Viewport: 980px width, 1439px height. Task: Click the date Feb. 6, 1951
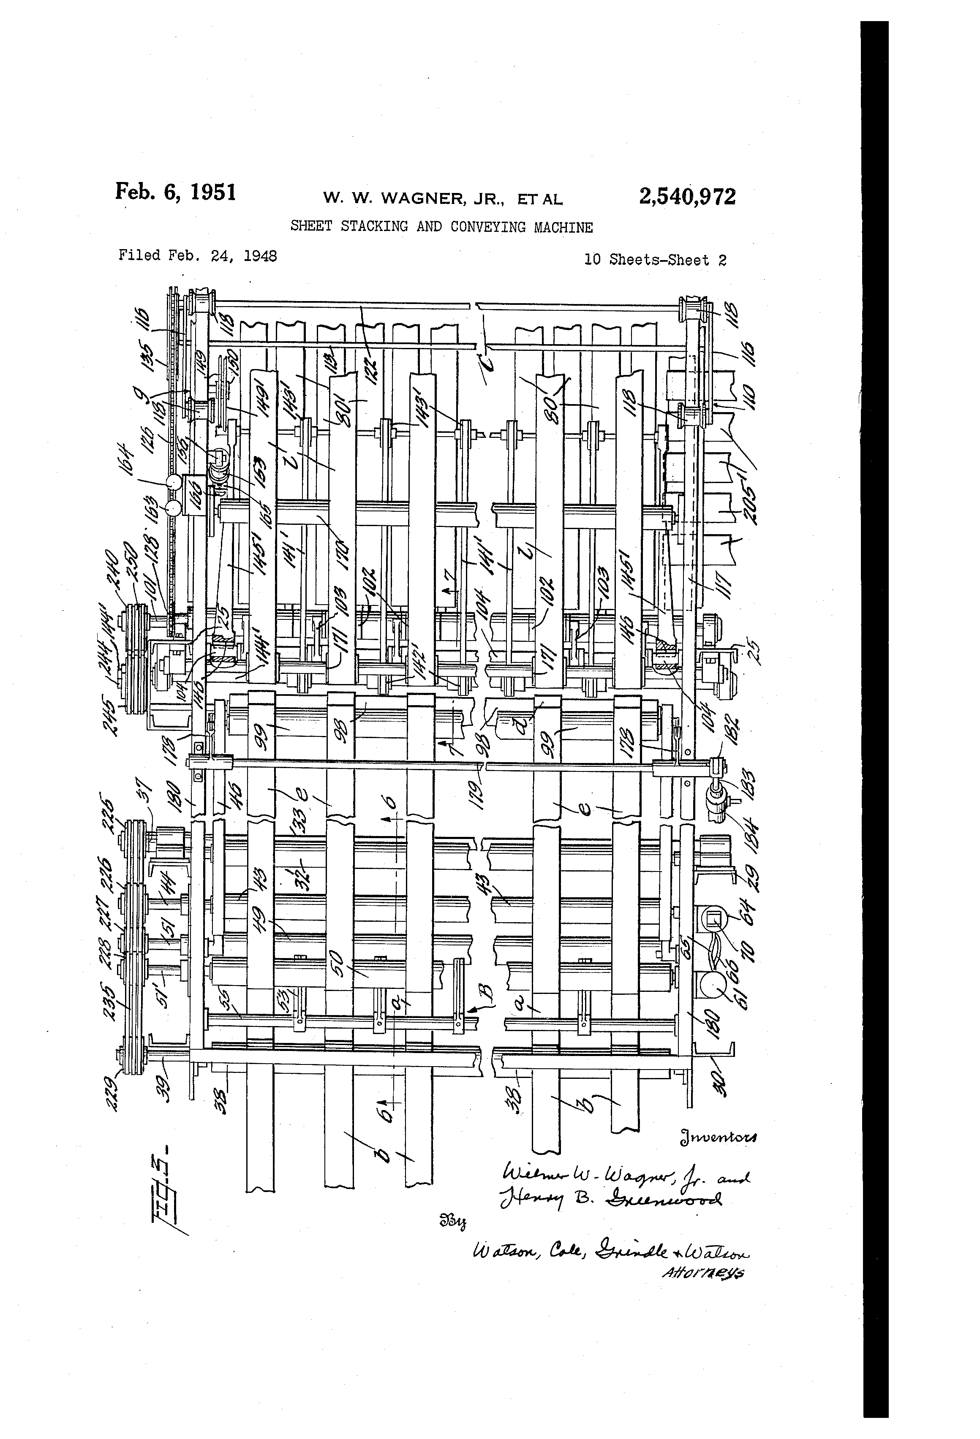[x=175, y=192]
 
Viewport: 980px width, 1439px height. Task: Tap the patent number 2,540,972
[x=687, y=196]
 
